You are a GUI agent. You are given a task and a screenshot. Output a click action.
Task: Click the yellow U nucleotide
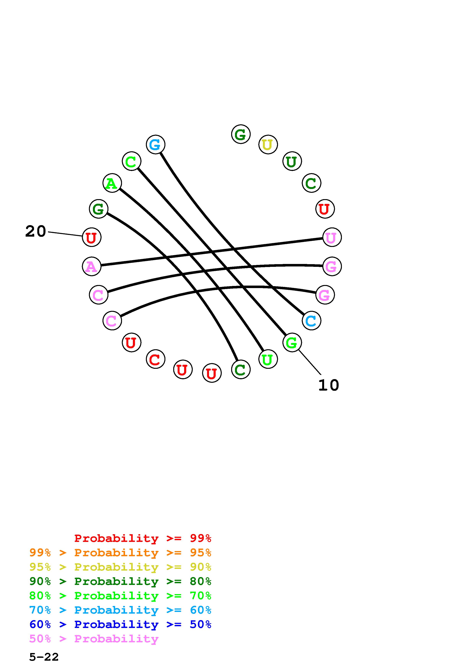(x=268, y=144)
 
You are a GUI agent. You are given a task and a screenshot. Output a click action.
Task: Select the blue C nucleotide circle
(x=311, y=321)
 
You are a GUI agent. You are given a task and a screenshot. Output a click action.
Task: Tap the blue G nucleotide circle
(x=155, y=144)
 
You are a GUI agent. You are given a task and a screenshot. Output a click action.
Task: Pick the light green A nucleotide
(x=112, y=183)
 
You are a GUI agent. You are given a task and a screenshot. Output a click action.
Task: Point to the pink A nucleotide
(x=91, y=266)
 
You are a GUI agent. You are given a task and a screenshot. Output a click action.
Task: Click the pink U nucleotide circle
(x=332, y=237)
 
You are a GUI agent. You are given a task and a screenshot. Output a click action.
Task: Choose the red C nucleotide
(x=155, y=359)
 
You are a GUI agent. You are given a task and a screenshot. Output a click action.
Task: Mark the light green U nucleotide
(x=268, y=359)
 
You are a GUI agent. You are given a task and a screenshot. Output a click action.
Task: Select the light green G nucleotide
(x=292, y=342)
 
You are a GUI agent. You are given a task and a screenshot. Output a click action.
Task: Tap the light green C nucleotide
(x=131, y=161)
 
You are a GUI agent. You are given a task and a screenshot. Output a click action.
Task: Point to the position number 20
(x=36, y=231)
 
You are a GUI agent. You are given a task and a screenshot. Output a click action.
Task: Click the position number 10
(x=328, y=385)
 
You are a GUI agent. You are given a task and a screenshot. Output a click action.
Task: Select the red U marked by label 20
(x=91, y=237)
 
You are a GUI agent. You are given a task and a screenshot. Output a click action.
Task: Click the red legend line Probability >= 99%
(x=143, y=538)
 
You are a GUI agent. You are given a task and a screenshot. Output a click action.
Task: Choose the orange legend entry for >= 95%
(x=120, y=553)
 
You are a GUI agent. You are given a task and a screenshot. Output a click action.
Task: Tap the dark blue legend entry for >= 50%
(x=120, y=624)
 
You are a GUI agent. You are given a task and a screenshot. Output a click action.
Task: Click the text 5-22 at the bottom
(x=44, y=657)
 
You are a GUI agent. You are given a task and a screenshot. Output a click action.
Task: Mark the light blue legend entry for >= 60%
(x=120, y=610)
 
